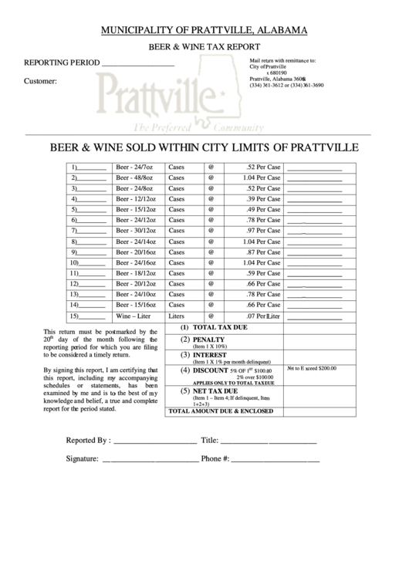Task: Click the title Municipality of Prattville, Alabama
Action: point(204,30)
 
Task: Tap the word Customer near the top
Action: point(40,82)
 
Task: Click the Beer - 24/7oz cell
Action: point(135,167)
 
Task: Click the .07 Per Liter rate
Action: point(263,316)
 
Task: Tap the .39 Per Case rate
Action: point(263,199)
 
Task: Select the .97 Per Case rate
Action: point(263,231)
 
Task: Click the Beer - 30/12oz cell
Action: point(135,231)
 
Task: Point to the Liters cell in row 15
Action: point(177,316)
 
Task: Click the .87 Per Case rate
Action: point(263,252)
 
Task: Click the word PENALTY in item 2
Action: point(208,340)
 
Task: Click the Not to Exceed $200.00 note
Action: point(312,368)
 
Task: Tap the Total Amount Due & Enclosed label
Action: point(221,411)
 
